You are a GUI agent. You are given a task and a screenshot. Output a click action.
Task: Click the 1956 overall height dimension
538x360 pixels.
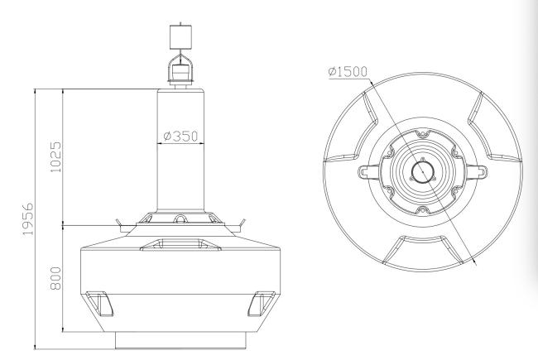click(28, 219)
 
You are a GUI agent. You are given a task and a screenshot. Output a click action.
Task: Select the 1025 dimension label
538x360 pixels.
click(55, 157)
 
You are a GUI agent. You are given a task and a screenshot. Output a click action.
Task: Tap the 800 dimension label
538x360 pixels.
click(55, 278)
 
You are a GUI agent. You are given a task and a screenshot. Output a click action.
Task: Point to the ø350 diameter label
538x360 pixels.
click(180, 137)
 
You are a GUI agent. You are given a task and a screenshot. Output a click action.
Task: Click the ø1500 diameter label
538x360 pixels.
click(348, 72)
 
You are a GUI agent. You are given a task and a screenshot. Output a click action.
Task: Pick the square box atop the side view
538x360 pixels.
click(180, 36)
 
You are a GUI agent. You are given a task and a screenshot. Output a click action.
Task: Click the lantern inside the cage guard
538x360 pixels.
click(180, 72)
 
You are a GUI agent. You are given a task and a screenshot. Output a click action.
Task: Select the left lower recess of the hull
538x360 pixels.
click(100, 304)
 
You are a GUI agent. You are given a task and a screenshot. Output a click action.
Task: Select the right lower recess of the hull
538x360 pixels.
click(262, 304)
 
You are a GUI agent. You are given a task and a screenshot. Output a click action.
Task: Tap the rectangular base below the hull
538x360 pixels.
click(180, 340)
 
